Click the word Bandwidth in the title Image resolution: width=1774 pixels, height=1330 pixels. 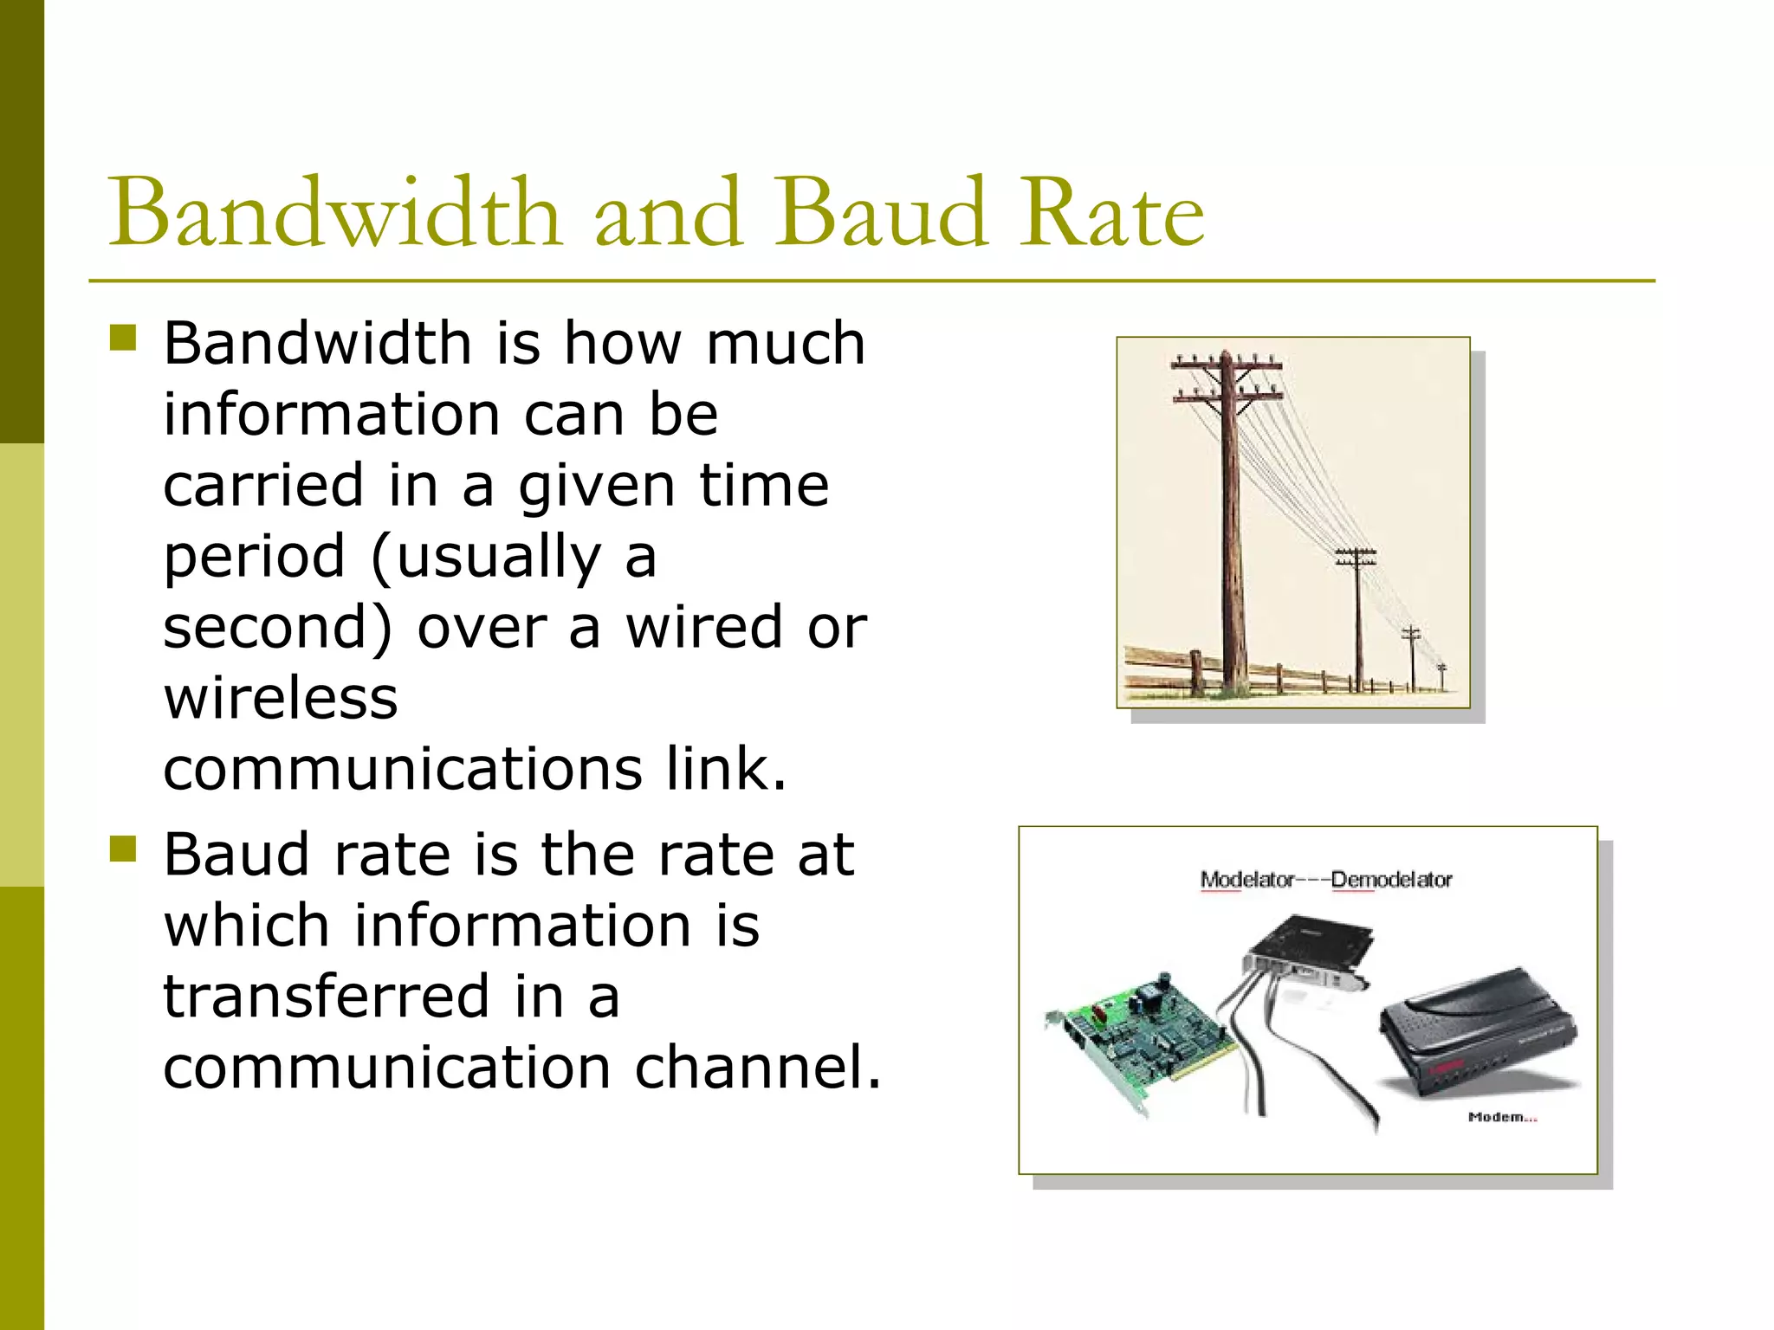pyautogui.click(x=333, y=213)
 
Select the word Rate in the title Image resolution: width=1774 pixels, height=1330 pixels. pyautogui.click(x=1110, y=213)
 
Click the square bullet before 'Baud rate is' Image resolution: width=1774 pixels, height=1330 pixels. pyautogui.click(x=124, y=849)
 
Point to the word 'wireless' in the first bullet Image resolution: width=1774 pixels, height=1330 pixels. pyautogui.click(x=281, y=698)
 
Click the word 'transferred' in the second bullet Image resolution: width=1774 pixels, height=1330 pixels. pyautogui.click(x=327, y=997)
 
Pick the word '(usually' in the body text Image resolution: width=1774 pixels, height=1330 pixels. pyautogui.click(x=486, y=556)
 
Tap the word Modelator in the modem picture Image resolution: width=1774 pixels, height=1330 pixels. pyautogui.click(x=1246, y=880)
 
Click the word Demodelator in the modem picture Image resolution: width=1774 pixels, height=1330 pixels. pyautogui.click(x=1391, y=880)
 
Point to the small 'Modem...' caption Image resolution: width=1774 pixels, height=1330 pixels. pyautogui.click(x=1502, y=1117)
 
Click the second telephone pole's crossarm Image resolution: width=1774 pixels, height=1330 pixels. pyautogui.click(x=1356, y=552)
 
